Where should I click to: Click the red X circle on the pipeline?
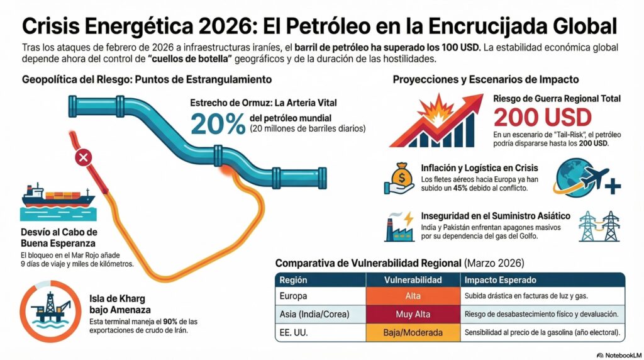[x=82, y=158]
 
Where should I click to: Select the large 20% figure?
[x=218, y=125]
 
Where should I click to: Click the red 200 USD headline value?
[x=542, y=118]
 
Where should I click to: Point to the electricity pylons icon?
[x=599, y=225]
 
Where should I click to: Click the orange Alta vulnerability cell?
[x=413, y=296]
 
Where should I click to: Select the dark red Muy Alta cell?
[x=413, y=314]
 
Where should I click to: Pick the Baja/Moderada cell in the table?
[x=413, y=332]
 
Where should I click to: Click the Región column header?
[x=293, y=279]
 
